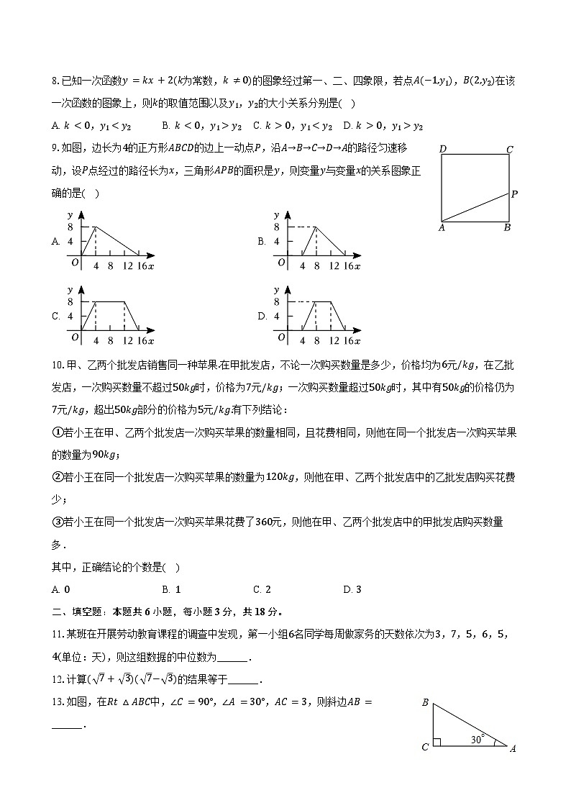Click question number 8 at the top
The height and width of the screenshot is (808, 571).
click(x=55, y=82)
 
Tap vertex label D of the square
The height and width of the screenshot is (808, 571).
click(x=443, y=150)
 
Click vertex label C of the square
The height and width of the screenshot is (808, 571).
click(x=509, y=150)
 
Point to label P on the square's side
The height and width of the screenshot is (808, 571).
click(x=514, y=194)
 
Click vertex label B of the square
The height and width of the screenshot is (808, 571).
click(x=507, y=228)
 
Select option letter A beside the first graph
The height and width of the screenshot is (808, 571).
click(x=55, y=242)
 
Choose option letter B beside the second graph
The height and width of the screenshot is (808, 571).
click(x=262, y=242)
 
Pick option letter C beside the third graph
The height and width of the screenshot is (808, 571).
click(x=55, y=316)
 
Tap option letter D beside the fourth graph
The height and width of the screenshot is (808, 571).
click(x=262, y=316)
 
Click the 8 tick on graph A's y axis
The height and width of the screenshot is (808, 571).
click(x=70, y=227)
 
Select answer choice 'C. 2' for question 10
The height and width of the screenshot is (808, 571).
click(x=262, y=589)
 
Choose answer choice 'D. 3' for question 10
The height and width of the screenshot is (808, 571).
click(x=352, y=589)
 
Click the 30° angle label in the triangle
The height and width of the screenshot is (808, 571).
click(x=477, y=738)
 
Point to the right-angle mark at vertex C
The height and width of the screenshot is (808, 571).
click(x=436, y=743)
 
